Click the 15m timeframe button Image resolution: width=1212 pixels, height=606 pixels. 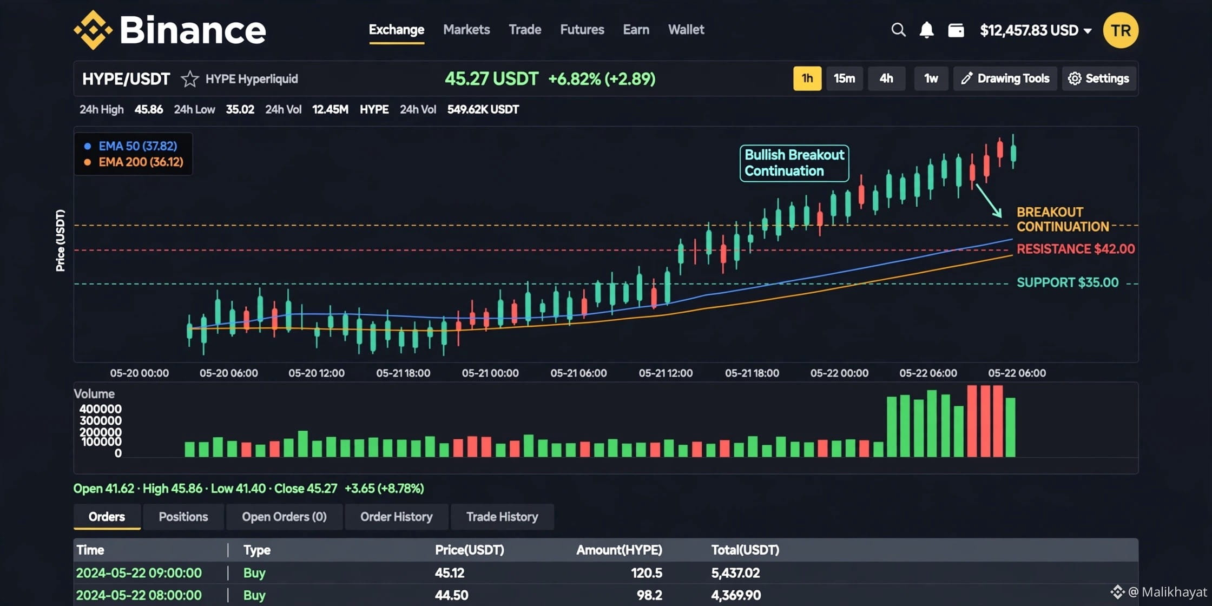[x=844, y=78]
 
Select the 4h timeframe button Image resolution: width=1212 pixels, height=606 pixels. [x=886, y=78]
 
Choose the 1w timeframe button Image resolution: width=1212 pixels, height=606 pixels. [x=931, y=78]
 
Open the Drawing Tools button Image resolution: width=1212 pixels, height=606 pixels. [x=1005, y=78]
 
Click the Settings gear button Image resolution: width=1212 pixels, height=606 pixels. [x=1099, y=78]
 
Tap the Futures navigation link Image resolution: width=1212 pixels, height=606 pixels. [x=582, y=30]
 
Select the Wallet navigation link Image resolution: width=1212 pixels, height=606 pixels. [x=686, y=30]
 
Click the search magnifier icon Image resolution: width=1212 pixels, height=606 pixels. [x=898, y=30]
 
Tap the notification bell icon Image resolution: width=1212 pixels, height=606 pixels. [x=926, y=30]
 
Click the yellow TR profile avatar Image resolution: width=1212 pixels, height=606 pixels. [x=1121, y=30]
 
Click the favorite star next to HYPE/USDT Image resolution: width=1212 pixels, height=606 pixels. [x=189, y=79]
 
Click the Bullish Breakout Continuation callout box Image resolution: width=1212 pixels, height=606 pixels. [x=794, y=163]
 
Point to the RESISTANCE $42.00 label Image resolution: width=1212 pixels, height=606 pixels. [x=1076, y=249]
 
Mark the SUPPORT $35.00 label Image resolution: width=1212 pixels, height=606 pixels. [x=1068, y=282]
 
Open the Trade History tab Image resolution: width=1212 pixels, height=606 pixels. [x=502, y=517]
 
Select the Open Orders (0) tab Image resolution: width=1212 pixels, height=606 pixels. [x=284, y=517]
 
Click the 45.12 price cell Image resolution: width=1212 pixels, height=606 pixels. [x=450, y=573]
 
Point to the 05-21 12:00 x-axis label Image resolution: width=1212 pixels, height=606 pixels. [x=666, y=373]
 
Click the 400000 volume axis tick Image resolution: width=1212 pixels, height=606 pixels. [x=101, y=409]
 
